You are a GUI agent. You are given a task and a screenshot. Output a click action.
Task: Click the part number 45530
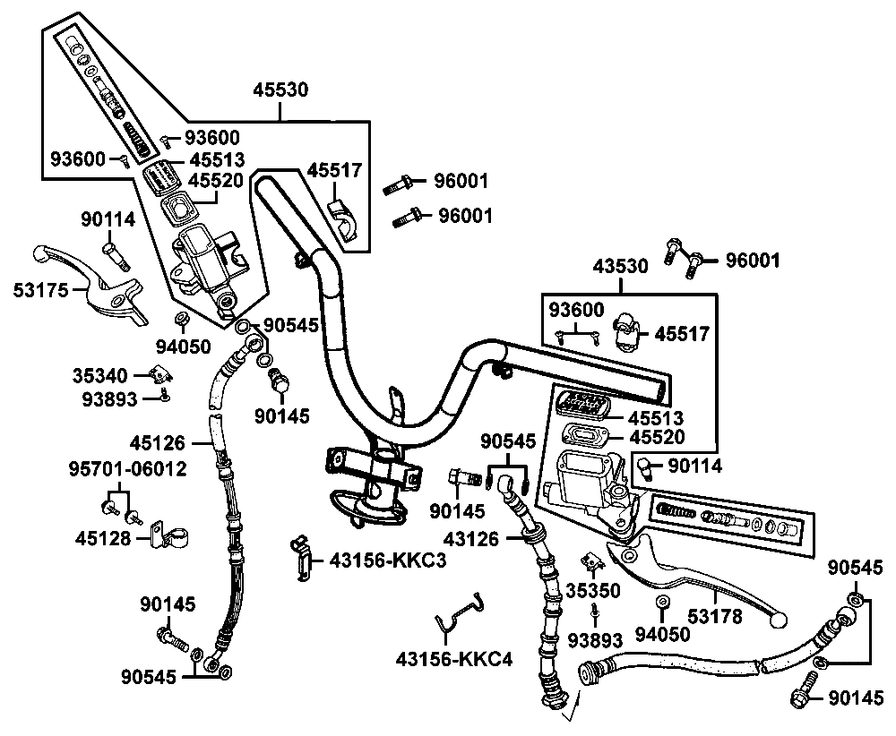pos(280,90)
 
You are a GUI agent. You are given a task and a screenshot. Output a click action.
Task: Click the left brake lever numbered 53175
pos(99,285)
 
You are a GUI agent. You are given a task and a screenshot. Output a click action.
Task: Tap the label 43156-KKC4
pos(453,660)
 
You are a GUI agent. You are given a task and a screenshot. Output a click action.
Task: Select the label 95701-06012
pos(128,468)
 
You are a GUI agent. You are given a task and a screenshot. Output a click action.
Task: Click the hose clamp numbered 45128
pos(166,538)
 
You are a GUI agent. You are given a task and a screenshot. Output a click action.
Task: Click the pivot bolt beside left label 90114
pos(114,252)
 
